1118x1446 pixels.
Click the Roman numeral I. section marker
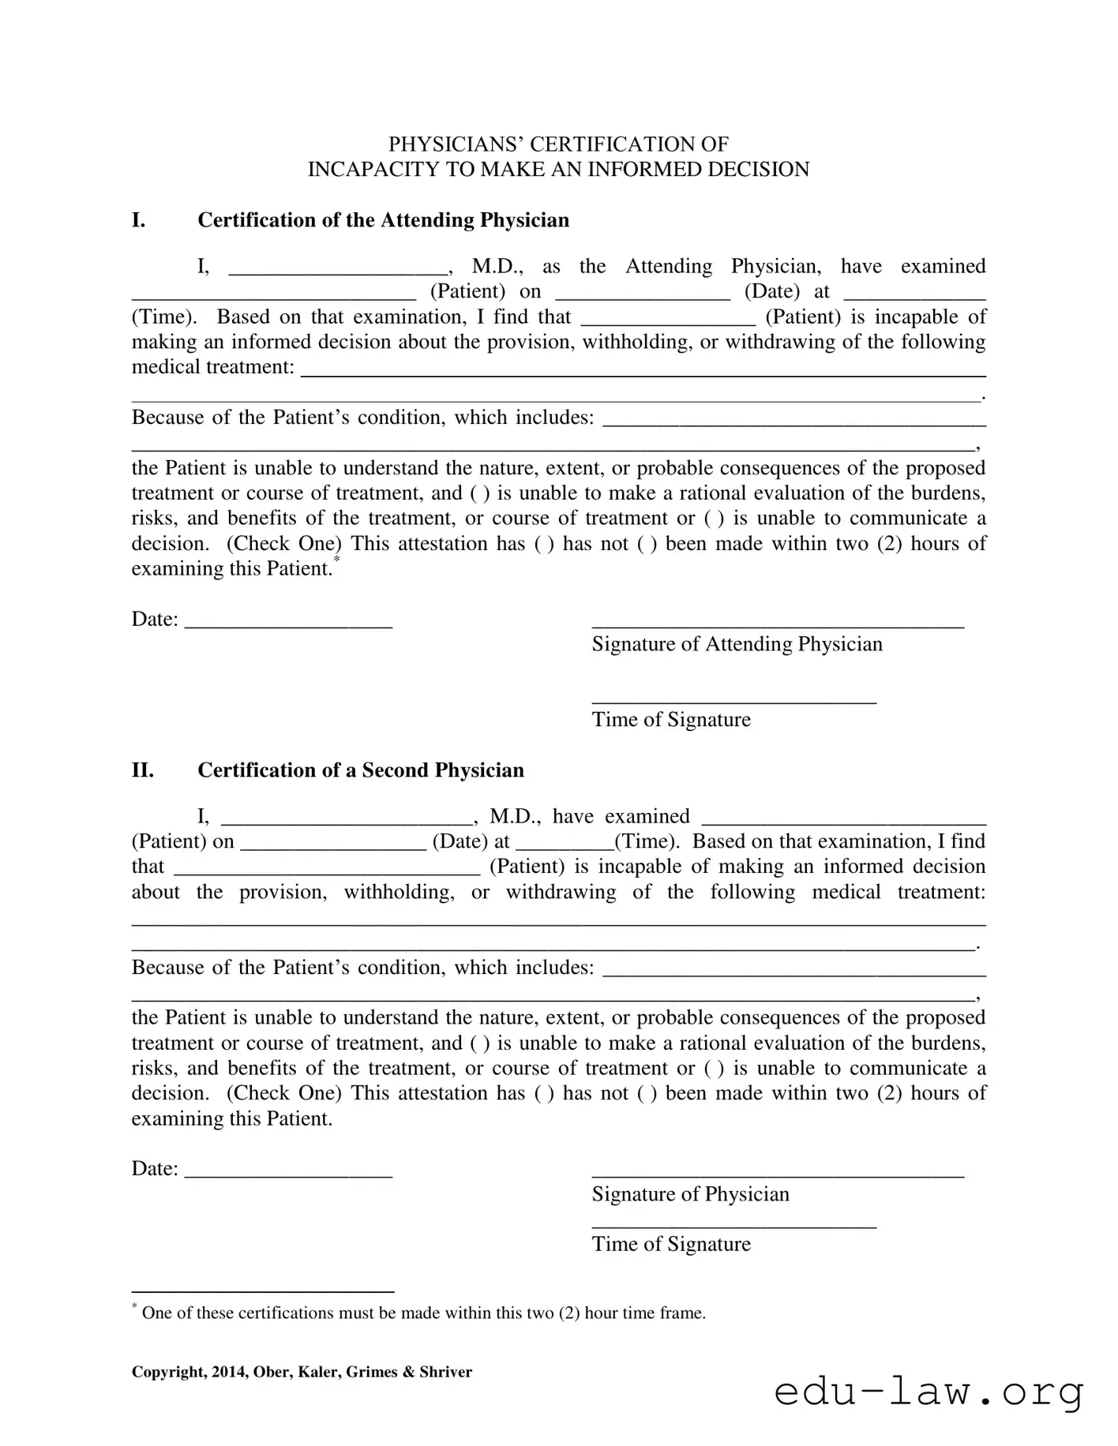[138, 220]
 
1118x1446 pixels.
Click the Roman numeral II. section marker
[142, 770]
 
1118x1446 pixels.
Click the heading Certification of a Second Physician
[360, 770]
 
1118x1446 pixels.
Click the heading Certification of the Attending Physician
[383, 220]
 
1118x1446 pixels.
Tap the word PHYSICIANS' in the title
[455, 144]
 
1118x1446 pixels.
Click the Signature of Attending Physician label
[737, 644]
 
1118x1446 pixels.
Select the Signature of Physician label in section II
[690, 1194]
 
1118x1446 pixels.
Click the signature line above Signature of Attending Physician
[777, 626]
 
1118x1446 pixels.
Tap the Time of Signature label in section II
[671, 1245]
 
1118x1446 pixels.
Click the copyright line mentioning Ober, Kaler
[302, 1372]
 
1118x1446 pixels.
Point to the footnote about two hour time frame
[422, 1313]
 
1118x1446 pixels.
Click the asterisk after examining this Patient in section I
[336, 560]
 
